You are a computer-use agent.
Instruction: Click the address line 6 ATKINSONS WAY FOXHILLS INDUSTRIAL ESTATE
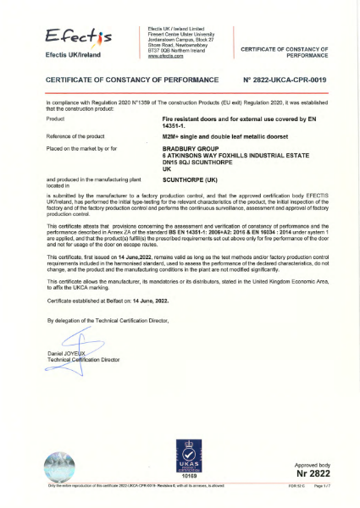tap(226, 153)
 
